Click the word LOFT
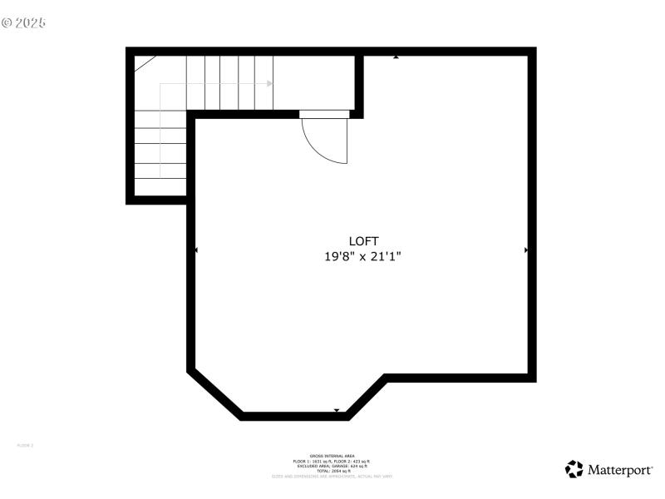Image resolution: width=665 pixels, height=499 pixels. click(x=363, y=241)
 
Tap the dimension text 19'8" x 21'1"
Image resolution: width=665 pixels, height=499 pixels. click(x=363, y=258)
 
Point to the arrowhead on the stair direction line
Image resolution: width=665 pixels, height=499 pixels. click(x=269, y=83)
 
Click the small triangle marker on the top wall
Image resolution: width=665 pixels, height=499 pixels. click(x=397, y=57)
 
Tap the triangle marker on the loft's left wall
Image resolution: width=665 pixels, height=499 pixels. click(x=196, y=249)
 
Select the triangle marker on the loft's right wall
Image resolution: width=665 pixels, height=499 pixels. click(x=526, y=249)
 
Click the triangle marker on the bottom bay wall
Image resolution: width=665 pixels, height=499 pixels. click(x=336, y=410)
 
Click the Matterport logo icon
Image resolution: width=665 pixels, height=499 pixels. click(x=574, y=469)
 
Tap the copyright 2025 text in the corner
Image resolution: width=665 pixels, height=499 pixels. click(x=24, y=22)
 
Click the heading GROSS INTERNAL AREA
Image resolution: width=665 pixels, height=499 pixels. click(x=332, y=456)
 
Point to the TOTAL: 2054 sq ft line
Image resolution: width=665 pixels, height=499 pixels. click(x=332, y=471)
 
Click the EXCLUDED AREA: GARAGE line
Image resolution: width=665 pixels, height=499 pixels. click(x=332, y=466)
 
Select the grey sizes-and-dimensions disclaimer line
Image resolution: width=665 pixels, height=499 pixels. click(x=332, y=476)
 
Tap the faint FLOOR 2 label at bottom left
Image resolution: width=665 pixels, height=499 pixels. click(x=25, y=446)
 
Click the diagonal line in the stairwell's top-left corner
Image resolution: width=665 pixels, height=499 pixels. click(x=145, y=64)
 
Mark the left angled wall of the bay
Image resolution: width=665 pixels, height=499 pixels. click(x=214, y=393)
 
